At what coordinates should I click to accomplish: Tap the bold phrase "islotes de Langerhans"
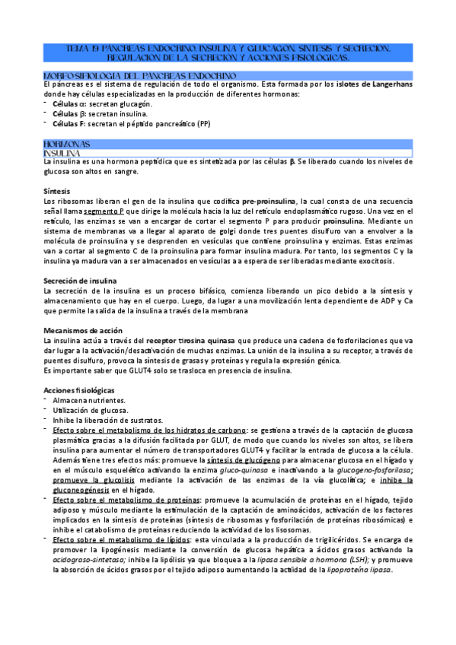375,84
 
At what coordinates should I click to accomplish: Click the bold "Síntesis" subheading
59,190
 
